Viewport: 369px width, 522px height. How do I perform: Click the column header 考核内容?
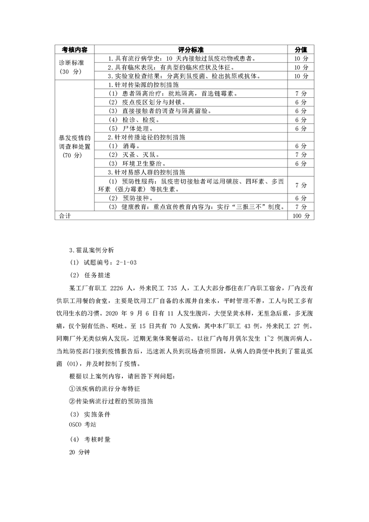(x=74, y=49)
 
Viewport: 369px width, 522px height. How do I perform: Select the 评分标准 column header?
(x=192, y=49)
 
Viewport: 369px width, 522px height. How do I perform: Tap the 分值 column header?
(x=301, y=49)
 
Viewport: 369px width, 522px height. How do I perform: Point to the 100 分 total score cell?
(x=301, y=216)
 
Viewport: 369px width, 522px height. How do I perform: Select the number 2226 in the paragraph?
(x=121, y=288)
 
